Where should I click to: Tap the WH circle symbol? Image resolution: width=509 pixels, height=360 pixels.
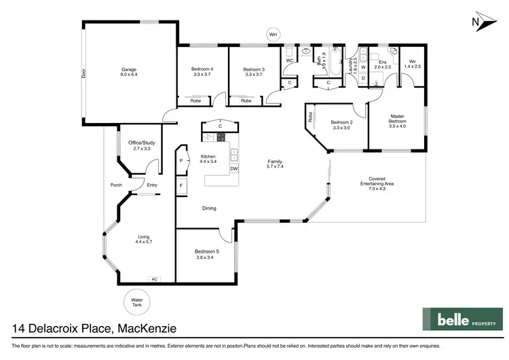274,33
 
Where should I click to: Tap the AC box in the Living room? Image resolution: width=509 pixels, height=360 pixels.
155,278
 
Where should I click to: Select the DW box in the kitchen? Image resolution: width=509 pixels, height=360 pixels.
234,168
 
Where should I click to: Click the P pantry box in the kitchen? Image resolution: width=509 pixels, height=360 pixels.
181,161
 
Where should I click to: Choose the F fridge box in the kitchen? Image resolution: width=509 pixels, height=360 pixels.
181,185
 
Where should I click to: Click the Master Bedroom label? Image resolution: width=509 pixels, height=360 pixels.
397,120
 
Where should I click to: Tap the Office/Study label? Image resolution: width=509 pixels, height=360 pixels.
140,145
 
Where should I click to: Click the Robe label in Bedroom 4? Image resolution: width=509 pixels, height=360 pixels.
195,101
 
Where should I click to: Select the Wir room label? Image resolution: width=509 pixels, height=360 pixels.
412,62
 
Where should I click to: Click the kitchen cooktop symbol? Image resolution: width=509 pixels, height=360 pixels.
221,137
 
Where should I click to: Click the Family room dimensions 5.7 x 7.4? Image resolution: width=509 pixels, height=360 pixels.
276,167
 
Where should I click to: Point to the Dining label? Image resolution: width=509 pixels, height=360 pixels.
209,208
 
